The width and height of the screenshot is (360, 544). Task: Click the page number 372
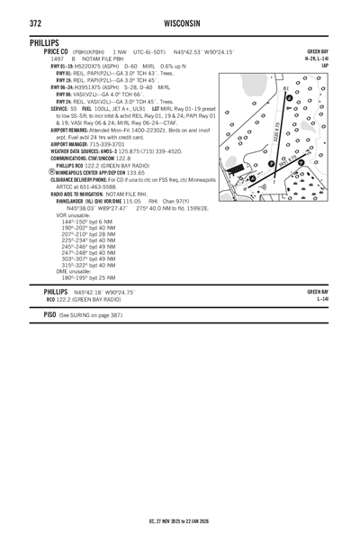(x=38, y=22)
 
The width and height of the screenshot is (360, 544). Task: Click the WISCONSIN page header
(x=180, y=22)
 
